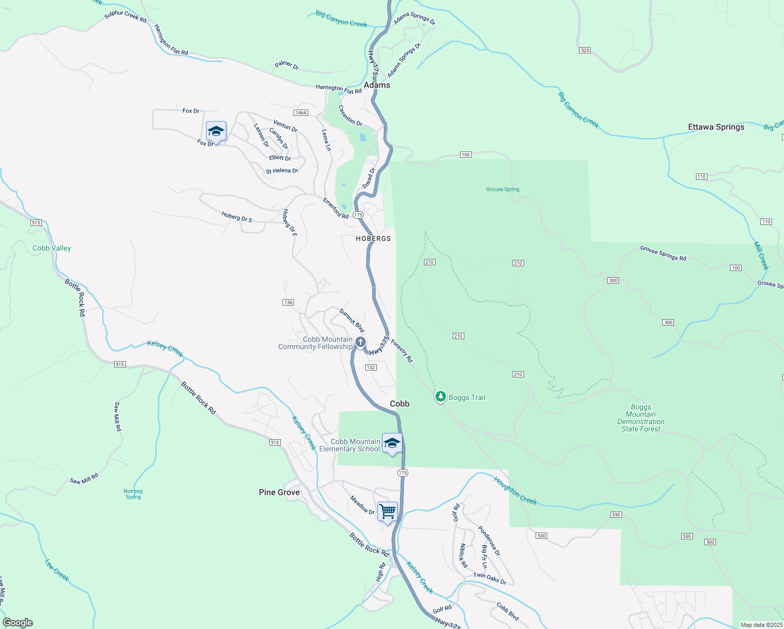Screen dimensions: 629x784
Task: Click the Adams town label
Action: (377, 85)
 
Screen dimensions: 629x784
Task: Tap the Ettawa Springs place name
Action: (716, 127)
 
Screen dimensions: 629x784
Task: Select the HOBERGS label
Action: (373, 238)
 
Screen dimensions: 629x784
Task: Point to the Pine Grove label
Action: (279, 492)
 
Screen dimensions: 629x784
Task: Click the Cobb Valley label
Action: (52, 248)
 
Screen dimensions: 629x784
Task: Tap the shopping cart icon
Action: (388, 511)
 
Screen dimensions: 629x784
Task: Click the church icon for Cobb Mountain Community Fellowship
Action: (361, 342)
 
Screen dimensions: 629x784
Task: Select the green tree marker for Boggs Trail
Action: (441, 397)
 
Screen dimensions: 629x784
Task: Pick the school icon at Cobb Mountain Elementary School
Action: (392, 443)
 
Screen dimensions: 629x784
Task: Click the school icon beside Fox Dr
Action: (216, 131)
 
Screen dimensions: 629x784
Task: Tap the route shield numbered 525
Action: (585, 50)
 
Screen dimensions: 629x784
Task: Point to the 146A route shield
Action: (301, 113)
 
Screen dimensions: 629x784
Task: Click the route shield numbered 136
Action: (288, 302)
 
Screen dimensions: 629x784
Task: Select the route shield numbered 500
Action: (710, 542)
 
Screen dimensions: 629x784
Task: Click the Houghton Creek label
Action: (515, 491)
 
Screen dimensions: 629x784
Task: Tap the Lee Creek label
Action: (57, 570)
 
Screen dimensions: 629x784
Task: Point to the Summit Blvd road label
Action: (352, 320)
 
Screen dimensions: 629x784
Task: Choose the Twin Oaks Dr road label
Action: (489, 578)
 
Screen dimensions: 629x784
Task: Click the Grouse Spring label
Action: (503, 189)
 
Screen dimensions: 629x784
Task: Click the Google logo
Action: (18, 623)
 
